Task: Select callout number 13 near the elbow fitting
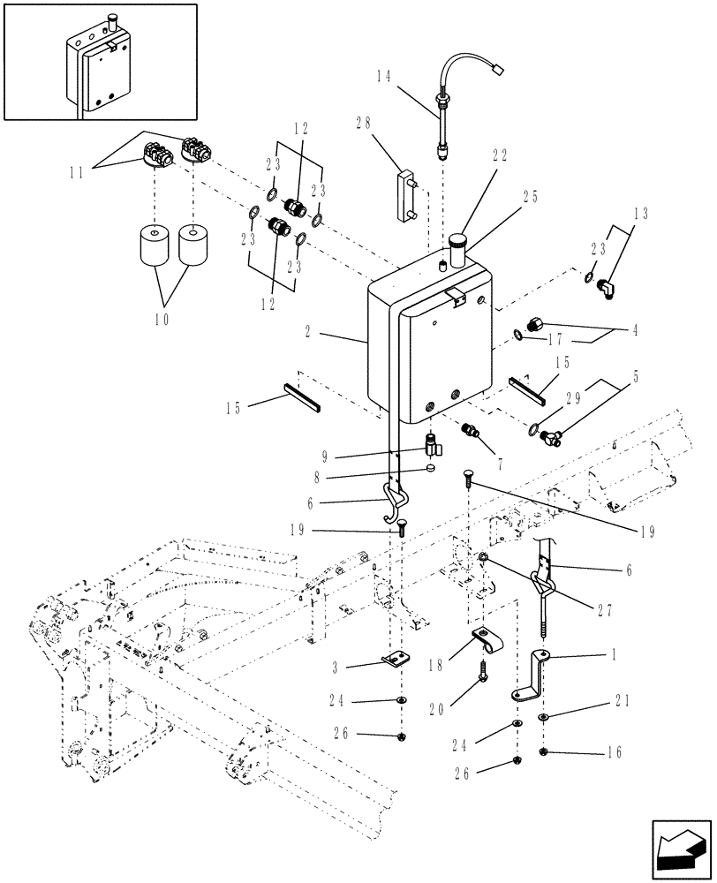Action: coord(640,238)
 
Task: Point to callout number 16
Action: coord(615,753)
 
